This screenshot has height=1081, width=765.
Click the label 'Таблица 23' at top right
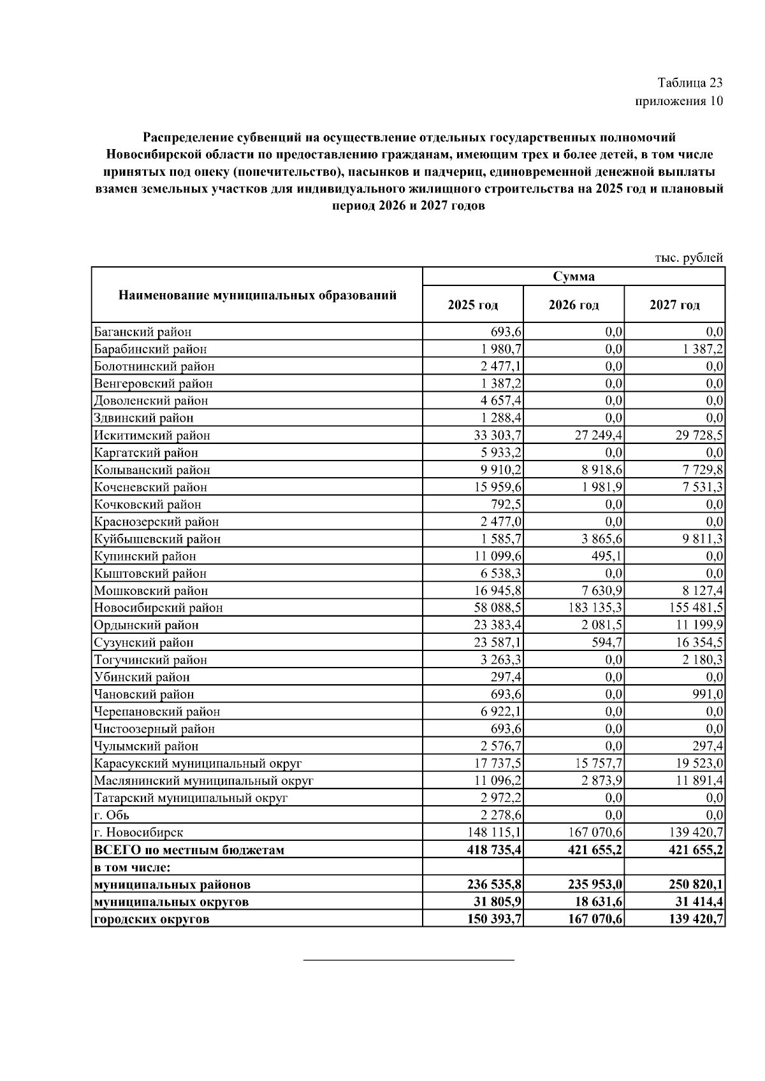690,83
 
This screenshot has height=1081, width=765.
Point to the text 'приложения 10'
679,101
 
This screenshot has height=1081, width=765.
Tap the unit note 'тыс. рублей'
689,258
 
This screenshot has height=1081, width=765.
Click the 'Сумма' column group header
573,276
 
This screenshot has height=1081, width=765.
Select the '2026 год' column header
573,305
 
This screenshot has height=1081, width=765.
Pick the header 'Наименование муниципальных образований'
257,295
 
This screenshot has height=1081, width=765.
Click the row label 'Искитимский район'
152,436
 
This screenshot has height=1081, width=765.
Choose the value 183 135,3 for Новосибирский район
595,608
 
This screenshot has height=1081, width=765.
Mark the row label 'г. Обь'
112,815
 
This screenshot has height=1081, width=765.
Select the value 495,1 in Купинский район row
608,556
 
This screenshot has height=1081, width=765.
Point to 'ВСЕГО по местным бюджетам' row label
189,850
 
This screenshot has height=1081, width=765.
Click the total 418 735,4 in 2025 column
495,850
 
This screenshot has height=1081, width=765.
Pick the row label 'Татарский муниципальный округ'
191,798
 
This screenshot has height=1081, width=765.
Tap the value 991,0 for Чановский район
709,694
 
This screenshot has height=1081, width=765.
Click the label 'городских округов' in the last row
151,919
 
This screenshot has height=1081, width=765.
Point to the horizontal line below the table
408,959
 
